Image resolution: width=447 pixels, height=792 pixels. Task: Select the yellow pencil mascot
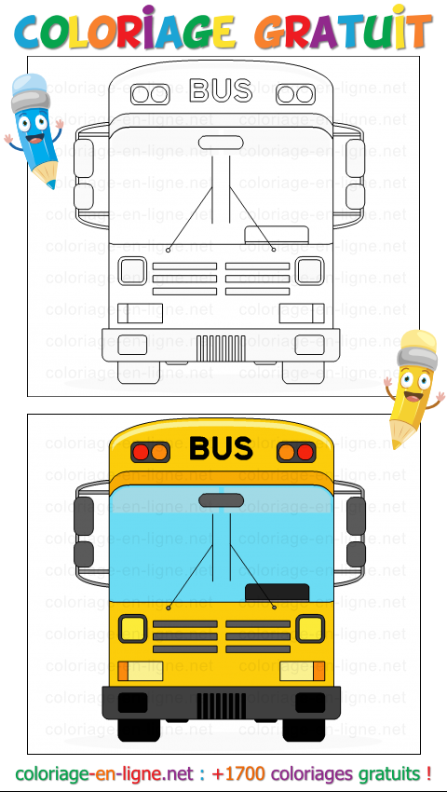pos(413,388)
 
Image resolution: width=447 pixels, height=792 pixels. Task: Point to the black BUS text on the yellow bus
pos(221,448)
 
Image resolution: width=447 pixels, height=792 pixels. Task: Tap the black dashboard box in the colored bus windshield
pos(277,593)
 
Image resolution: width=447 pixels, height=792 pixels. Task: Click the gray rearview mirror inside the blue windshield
pos(222,500)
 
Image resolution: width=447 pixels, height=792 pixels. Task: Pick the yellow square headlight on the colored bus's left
pos(133,629)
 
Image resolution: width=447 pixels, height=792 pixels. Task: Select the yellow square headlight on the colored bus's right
pos(309,629)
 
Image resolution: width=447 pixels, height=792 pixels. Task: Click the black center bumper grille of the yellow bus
pos(222,705)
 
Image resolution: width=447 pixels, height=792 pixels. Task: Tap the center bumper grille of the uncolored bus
pos(221,348)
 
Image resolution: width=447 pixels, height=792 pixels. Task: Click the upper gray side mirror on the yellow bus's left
pos(84,515)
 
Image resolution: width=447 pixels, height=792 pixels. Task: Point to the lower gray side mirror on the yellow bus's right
pos(356,554)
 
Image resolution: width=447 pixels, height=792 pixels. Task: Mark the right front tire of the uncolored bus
pos(304,373)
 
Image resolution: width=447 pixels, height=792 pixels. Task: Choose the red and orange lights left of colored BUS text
pos(151,452)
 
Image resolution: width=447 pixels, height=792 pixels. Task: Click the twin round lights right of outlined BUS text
pos(295,94)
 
